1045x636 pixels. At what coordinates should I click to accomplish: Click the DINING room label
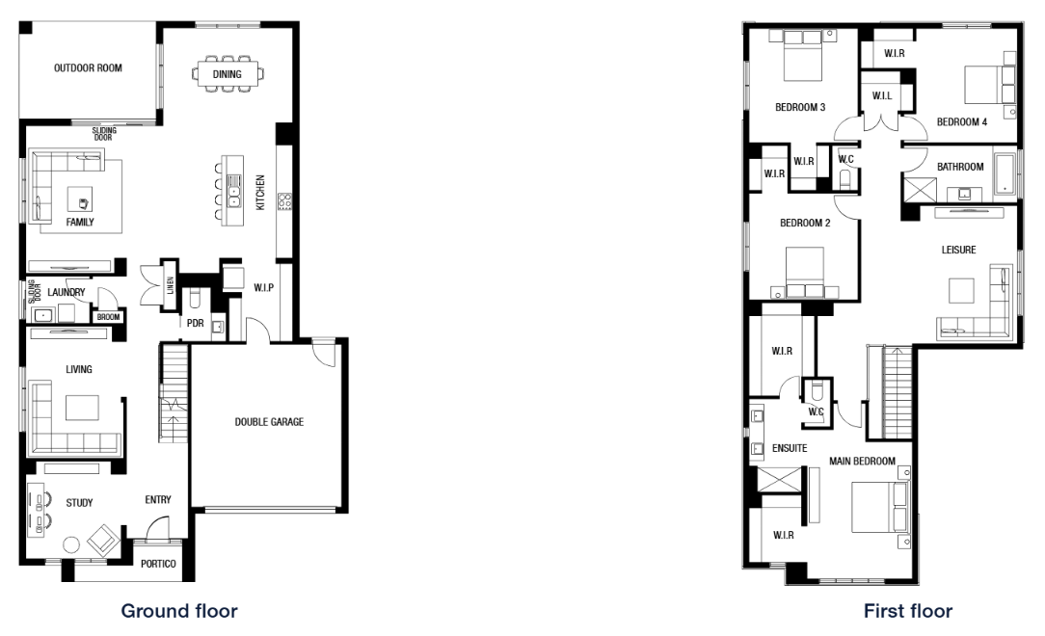pos(227,74)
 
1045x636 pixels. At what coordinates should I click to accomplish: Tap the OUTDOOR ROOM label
pos(88,67)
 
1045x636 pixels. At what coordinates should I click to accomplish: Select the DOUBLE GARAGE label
pos(269,421)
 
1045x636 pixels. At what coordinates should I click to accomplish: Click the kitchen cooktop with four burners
pos(284,201)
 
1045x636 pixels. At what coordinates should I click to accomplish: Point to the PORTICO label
pos(158,564)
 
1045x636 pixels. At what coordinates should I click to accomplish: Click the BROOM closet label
pos(109,317)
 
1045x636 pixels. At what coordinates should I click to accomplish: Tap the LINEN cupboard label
pos(170,285)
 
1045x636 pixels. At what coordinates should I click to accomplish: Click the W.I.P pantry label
pos(264,288)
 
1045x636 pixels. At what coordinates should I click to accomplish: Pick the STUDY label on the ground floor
pos(79,503)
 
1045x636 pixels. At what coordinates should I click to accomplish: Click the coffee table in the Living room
pos(82,408)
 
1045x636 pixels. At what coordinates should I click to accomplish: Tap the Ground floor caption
pos(179,611)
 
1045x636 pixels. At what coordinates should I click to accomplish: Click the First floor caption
pos(908,611)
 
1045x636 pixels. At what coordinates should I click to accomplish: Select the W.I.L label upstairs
pos(882,96)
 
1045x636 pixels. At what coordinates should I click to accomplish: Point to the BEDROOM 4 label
pos(962,121)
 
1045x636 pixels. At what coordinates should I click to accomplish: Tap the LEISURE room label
pos(958,250)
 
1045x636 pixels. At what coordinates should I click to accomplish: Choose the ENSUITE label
pos(790,448)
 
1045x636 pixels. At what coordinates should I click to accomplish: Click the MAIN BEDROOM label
pos(862,461)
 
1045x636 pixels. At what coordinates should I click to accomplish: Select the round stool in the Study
pos(71,545)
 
